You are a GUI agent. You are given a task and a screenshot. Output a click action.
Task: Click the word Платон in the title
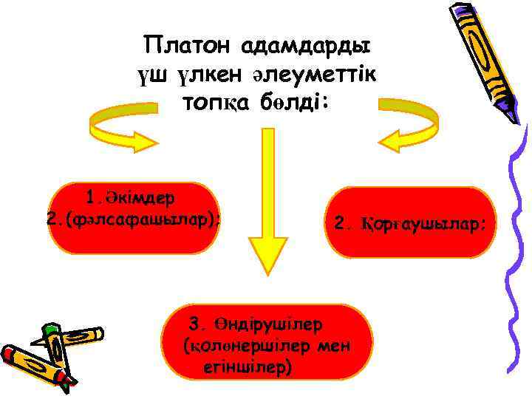coord(188,46)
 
